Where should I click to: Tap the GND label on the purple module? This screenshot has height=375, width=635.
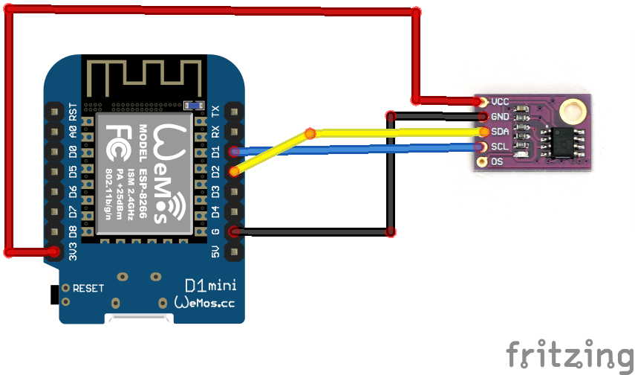tap(499, 117)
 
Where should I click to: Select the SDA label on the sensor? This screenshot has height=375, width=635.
tap(499, 132)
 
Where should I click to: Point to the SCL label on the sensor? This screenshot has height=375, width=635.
tap(499, 146)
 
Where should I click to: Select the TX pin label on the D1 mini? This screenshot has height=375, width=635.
tap(216, 112)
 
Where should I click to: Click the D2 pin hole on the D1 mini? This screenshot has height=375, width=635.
tap(235, 172)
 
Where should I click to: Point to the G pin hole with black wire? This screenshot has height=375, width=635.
tap(235, 232)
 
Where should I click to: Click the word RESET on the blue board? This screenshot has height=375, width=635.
tap(88, 288)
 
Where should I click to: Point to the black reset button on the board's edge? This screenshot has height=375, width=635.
tap(53, 294)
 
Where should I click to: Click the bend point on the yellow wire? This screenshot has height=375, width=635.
tap(310, 134)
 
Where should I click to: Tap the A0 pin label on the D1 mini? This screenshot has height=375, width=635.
tap(73, 132)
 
